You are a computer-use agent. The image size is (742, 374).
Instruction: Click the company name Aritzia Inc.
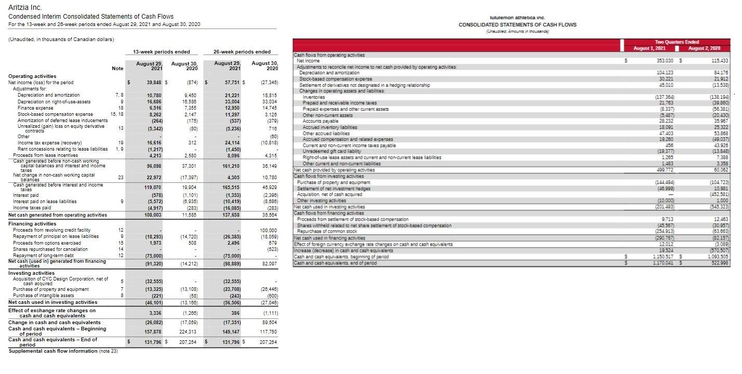coord(25,7)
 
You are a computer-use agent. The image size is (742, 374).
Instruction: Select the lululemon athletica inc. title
coord(517,17)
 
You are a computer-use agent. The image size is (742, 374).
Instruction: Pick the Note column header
coord(118,69)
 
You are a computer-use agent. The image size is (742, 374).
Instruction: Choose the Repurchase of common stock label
coord(327,231)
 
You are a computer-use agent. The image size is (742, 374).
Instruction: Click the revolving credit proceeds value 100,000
coord(269,230)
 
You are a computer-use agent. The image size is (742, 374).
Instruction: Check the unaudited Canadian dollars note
coord(61,39)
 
